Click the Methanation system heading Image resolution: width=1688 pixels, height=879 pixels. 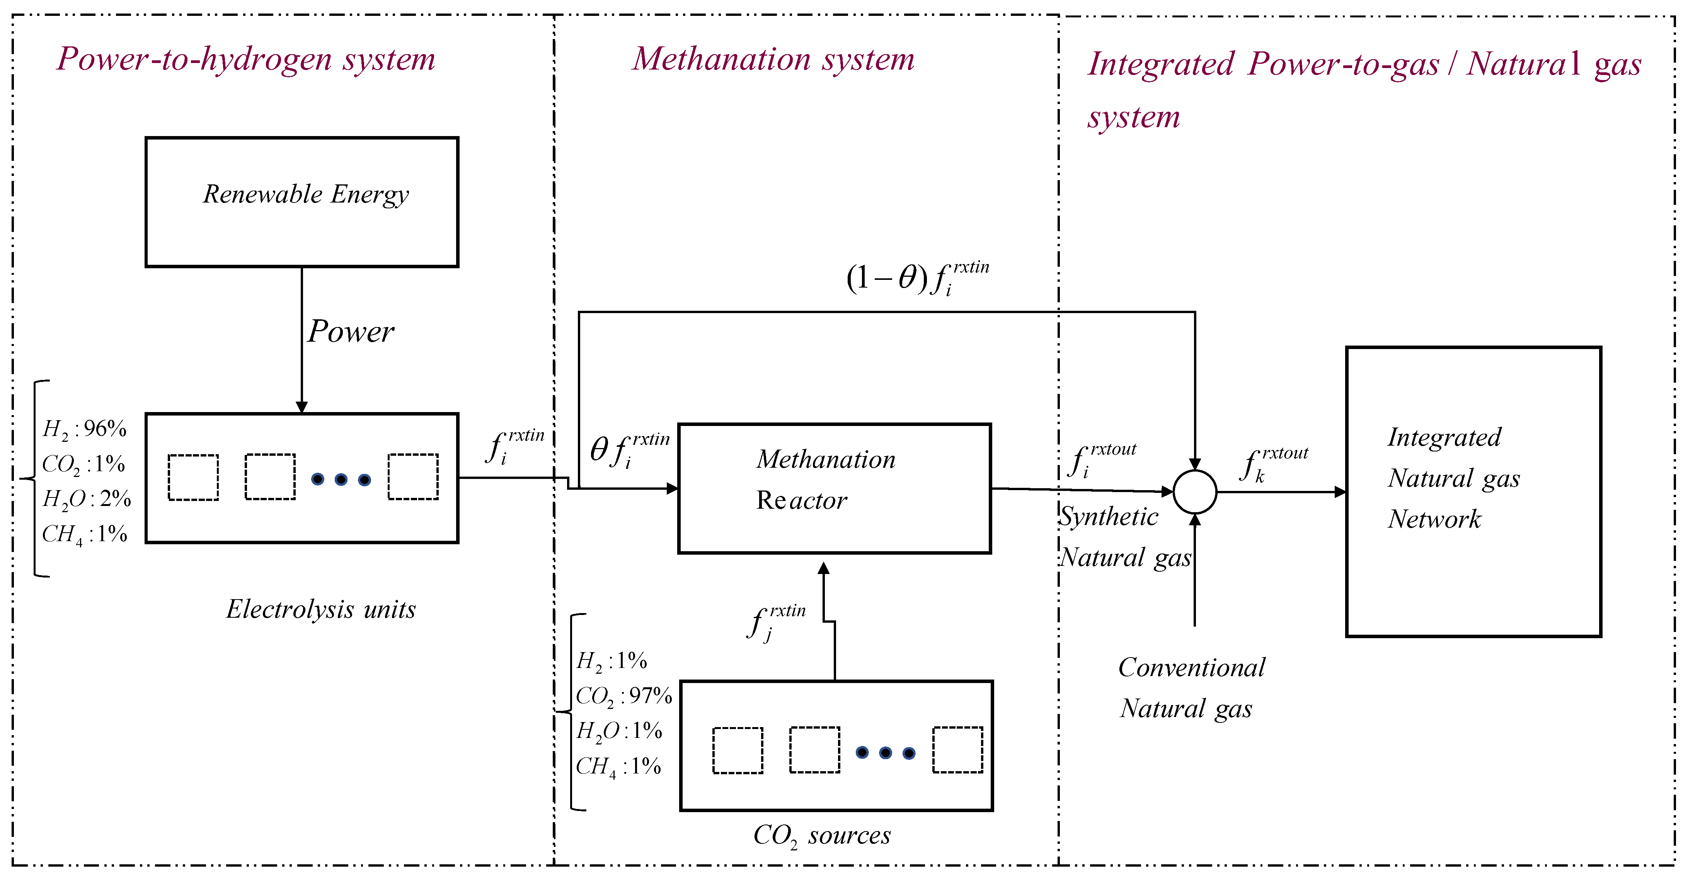773,59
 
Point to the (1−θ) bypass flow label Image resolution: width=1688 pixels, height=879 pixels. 917,279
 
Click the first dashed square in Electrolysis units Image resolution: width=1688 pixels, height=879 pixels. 193,477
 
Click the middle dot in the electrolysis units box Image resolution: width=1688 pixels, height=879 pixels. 341,480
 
